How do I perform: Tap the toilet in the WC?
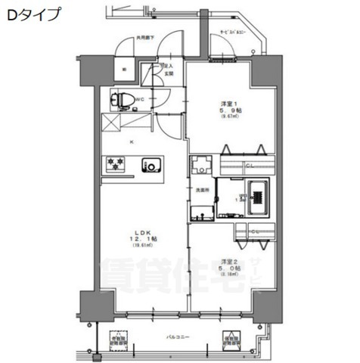tap(123, 99)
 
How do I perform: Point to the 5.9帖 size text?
tap(230, 110)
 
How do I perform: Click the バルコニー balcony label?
tap(178, 337)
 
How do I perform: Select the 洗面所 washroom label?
tap(202, 190)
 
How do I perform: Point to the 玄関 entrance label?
tap(169, 73)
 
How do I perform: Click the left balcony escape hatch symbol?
tap(120, 341)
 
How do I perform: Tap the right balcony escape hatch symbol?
tap(231, 340)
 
